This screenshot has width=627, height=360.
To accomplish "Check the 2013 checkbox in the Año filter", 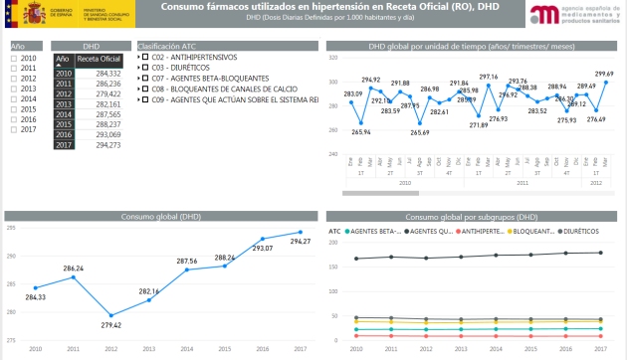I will [x=13, y=89].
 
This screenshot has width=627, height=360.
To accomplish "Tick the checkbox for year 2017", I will [x=13, y=129].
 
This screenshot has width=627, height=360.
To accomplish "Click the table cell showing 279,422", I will [x=99, y=93].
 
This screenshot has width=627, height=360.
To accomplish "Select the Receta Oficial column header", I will [x=99, y=60].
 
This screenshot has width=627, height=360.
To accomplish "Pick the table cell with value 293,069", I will [x=99, y=134].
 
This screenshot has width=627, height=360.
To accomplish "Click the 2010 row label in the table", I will [x=64, y=74].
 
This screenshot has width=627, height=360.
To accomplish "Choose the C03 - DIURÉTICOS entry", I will [x=179, y=68].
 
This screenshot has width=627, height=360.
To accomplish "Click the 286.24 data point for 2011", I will [x=74, y=276].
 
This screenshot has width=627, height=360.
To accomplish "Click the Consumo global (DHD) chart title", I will [x=159, y=216].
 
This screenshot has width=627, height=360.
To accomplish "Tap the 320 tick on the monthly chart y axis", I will [x=333, y=59].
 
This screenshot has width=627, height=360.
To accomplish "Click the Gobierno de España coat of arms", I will [x=19, y=15].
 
